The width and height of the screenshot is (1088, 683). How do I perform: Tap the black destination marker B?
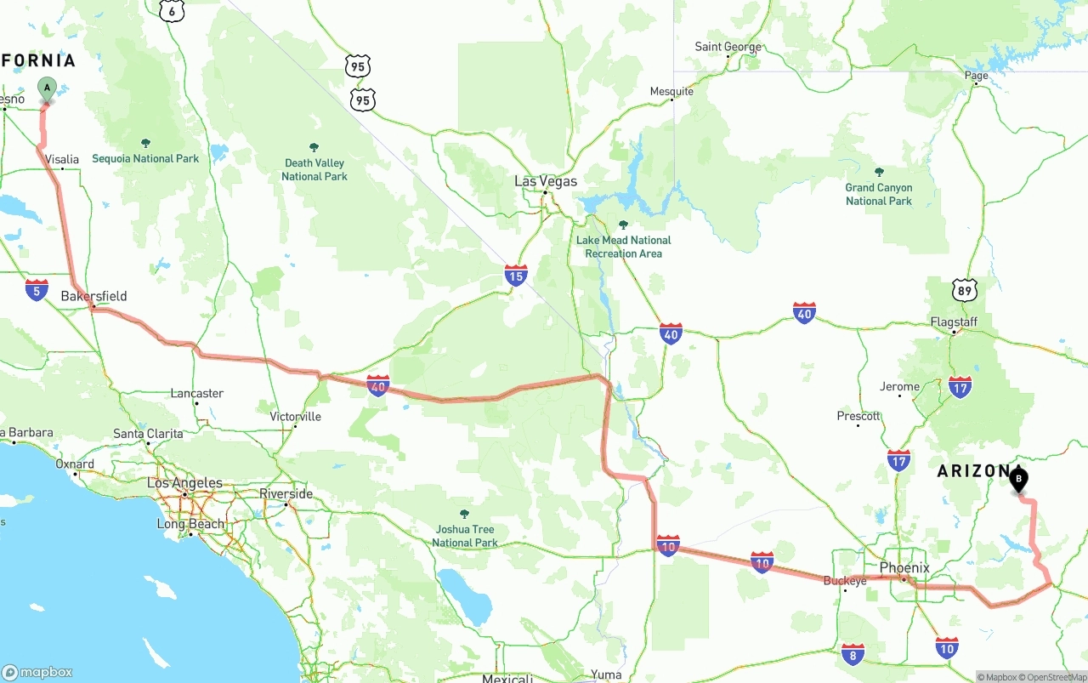click(1018, 480)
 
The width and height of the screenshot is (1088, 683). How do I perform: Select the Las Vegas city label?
click(546, 181)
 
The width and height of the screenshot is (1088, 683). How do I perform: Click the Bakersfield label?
click(93, 296)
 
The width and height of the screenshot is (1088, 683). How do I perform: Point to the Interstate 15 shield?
click(515, 275)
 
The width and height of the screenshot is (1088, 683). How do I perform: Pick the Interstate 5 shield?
click(37, 289)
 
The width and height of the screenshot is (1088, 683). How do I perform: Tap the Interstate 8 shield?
click(853, 654)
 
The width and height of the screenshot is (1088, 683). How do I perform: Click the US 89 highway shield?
click(964, 290)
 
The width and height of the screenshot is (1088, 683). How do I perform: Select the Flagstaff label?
click(954, 322)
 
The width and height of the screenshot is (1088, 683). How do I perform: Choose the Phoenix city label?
click(904, 567)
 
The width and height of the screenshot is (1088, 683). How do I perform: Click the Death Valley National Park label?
click(314, 169)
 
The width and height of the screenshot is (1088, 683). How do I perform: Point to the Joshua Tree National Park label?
click(465, 536)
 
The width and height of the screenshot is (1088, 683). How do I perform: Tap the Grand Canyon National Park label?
click(879, 194)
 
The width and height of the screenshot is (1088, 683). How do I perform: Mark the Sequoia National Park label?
click(145, 158)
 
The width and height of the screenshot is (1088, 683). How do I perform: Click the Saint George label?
click(728, 47)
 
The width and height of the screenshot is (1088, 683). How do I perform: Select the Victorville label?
click(295, 417)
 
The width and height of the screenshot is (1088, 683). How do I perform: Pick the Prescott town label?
click(858, 416)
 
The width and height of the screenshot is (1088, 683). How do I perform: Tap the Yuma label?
click(606, 674)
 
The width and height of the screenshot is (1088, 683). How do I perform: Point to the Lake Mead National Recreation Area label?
click(623, 247)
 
